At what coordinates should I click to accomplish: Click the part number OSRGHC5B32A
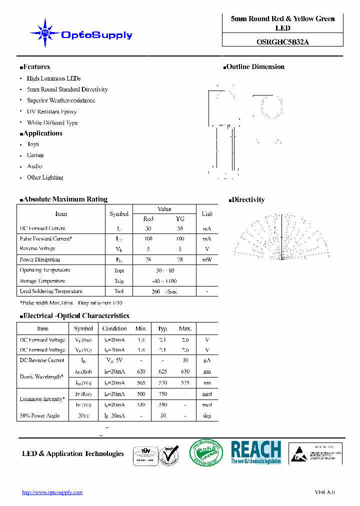[282, 42]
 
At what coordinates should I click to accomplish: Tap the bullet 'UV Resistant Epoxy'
[51, 111]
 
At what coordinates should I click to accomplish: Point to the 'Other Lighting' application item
[45, 177]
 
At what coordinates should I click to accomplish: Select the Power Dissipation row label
[40, 259]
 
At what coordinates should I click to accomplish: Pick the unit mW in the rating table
[206, 259]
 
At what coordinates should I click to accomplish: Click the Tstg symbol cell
[119, 281]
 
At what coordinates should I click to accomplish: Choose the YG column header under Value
[180, 219]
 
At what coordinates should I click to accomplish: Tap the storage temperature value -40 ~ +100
[164, 281]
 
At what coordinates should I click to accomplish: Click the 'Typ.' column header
[163, 328]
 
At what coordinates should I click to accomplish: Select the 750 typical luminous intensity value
[163, 394]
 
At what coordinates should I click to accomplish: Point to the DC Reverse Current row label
[42, 360]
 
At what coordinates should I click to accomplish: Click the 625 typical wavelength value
[163, 371]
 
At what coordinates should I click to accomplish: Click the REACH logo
[256, 452]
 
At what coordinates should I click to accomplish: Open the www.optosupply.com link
[52, 492]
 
